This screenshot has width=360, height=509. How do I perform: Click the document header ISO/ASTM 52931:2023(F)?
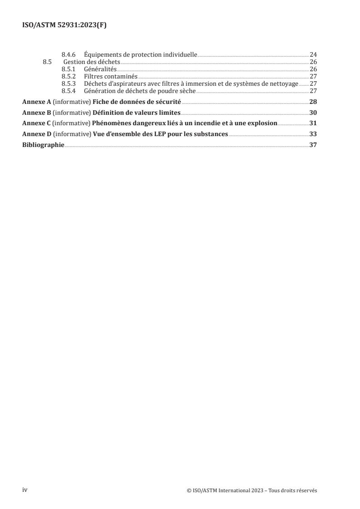tap(64, 26)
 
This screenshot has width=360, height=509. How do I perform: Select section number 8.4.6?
tap(69, 55)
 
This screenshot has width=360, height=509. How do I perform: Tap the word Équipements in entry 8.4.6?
tap(102, 55)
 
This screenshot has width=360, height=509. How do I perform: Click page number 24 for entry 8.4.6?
tap(313, 55)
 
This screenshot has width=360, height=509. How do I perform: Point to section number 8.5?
tap(47, 62)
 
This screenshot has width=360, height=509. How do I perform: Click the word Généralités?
tap(100, 69)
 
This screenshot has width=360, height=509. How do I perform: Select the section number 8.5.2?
tap(69, 77)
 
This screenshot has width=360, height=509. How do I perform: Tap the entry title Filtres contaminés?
tap(111, 77)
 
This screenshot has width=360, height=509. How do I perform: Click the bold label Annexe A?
tap(37, 102)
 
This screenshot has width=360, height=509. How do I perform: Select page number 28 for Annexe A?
tap(313, 102)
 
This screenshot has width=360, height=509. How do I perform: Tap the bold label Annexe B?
tap(37, 113)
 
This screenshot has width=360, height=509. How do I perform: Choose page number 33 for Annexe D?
tap(313, 134)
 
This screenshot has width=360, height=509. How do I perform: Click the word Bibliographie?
tap(43, 145)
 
